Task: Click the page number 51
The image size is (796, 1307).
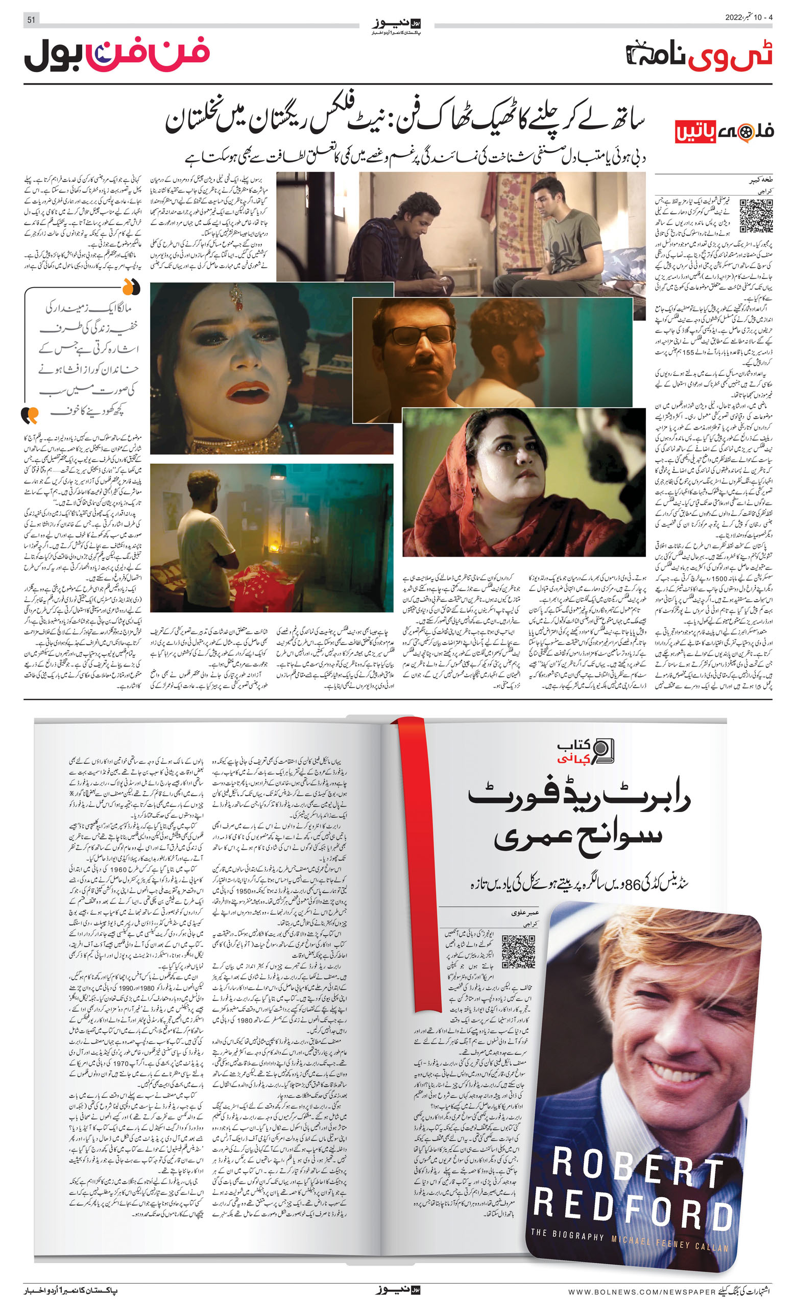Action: (31, 19)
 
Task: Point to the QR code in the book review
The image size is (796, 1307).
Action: (518, 952)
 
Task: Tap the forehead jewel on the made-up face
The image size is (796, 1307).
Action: (236, 297)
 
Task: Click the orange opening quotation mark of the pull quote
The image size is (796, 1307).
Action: (131, 288)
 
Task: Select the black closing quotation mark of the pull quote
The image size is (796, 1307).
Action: (30, 414)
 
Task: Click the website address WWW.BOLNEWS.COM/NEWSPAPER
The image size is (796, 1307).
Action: (642, 1292)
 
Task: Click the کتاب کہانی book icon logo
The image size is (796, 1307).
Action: (602, 751)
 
